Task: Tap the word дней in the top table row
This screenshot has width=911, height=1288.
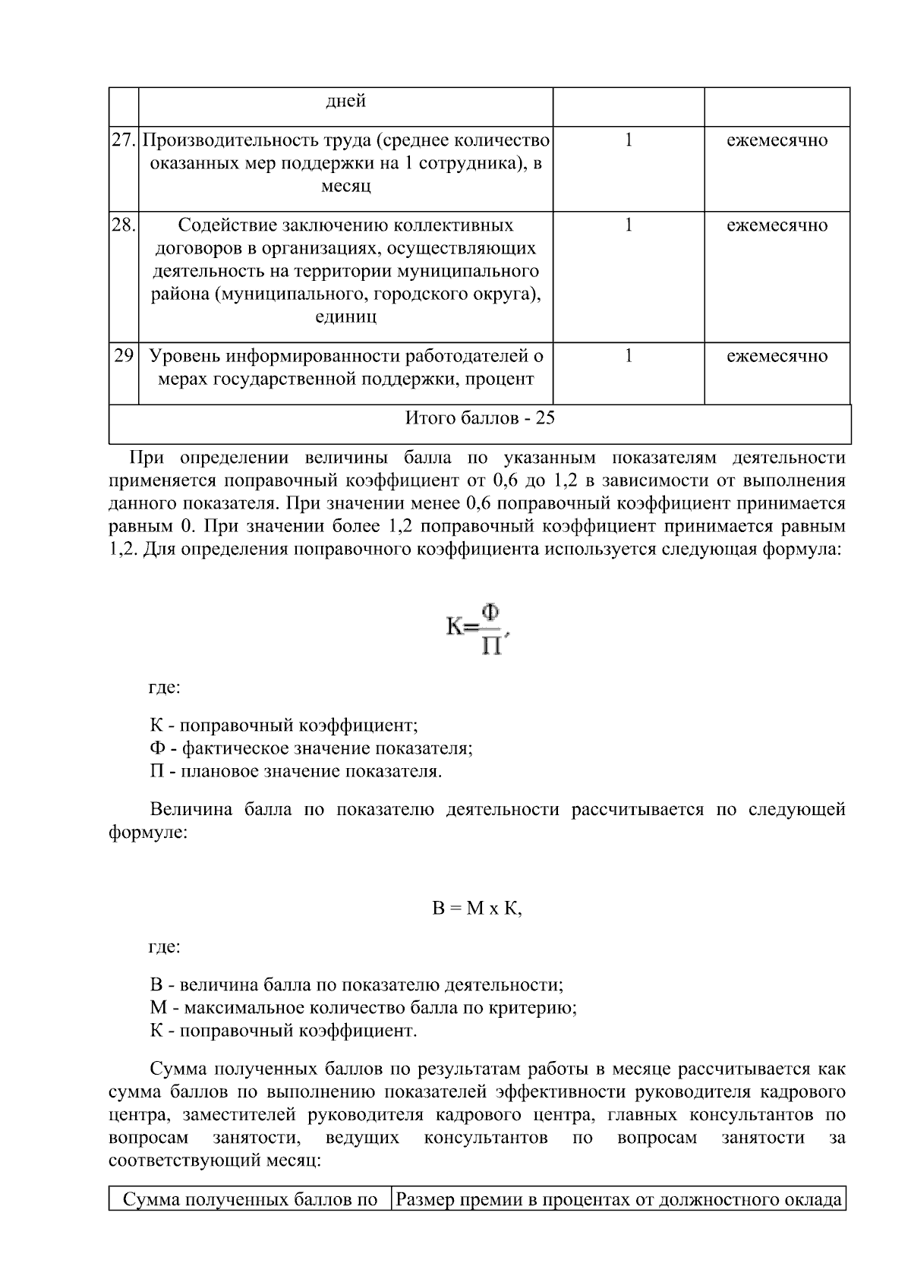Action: click(345, 102)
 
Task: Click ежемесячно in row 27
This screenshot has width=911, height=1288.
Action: click(777, 140)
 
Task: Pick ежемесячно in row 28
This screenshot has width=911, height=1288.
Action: click(777, 225)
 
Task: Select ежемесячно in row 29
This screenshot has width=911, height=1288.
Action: click(777, 356)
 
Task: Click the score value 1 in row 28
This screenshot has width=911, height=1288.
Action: click(629, 225)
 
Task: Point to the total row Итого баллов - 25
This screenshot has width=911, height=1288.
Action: click(480, 418)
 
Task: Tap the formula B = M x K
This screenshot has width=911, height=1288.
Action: click(477, 909)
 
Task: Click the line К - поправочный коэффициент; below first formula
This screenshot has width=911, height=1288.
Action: click(283, 725)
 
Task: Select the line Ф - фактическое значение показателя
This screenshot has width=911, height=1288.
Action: click(311, 748)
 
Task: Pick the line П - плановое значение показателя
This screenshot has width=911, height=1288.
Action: click(296, 772)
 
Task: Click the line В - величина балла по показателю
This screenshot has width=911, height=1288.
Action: click(356, 985)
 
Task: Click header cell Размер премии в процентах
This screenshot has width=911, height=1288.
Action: click(619, 1200)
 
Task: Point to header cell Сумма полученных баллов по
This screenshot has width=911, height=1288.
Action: click(251, 1200)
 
